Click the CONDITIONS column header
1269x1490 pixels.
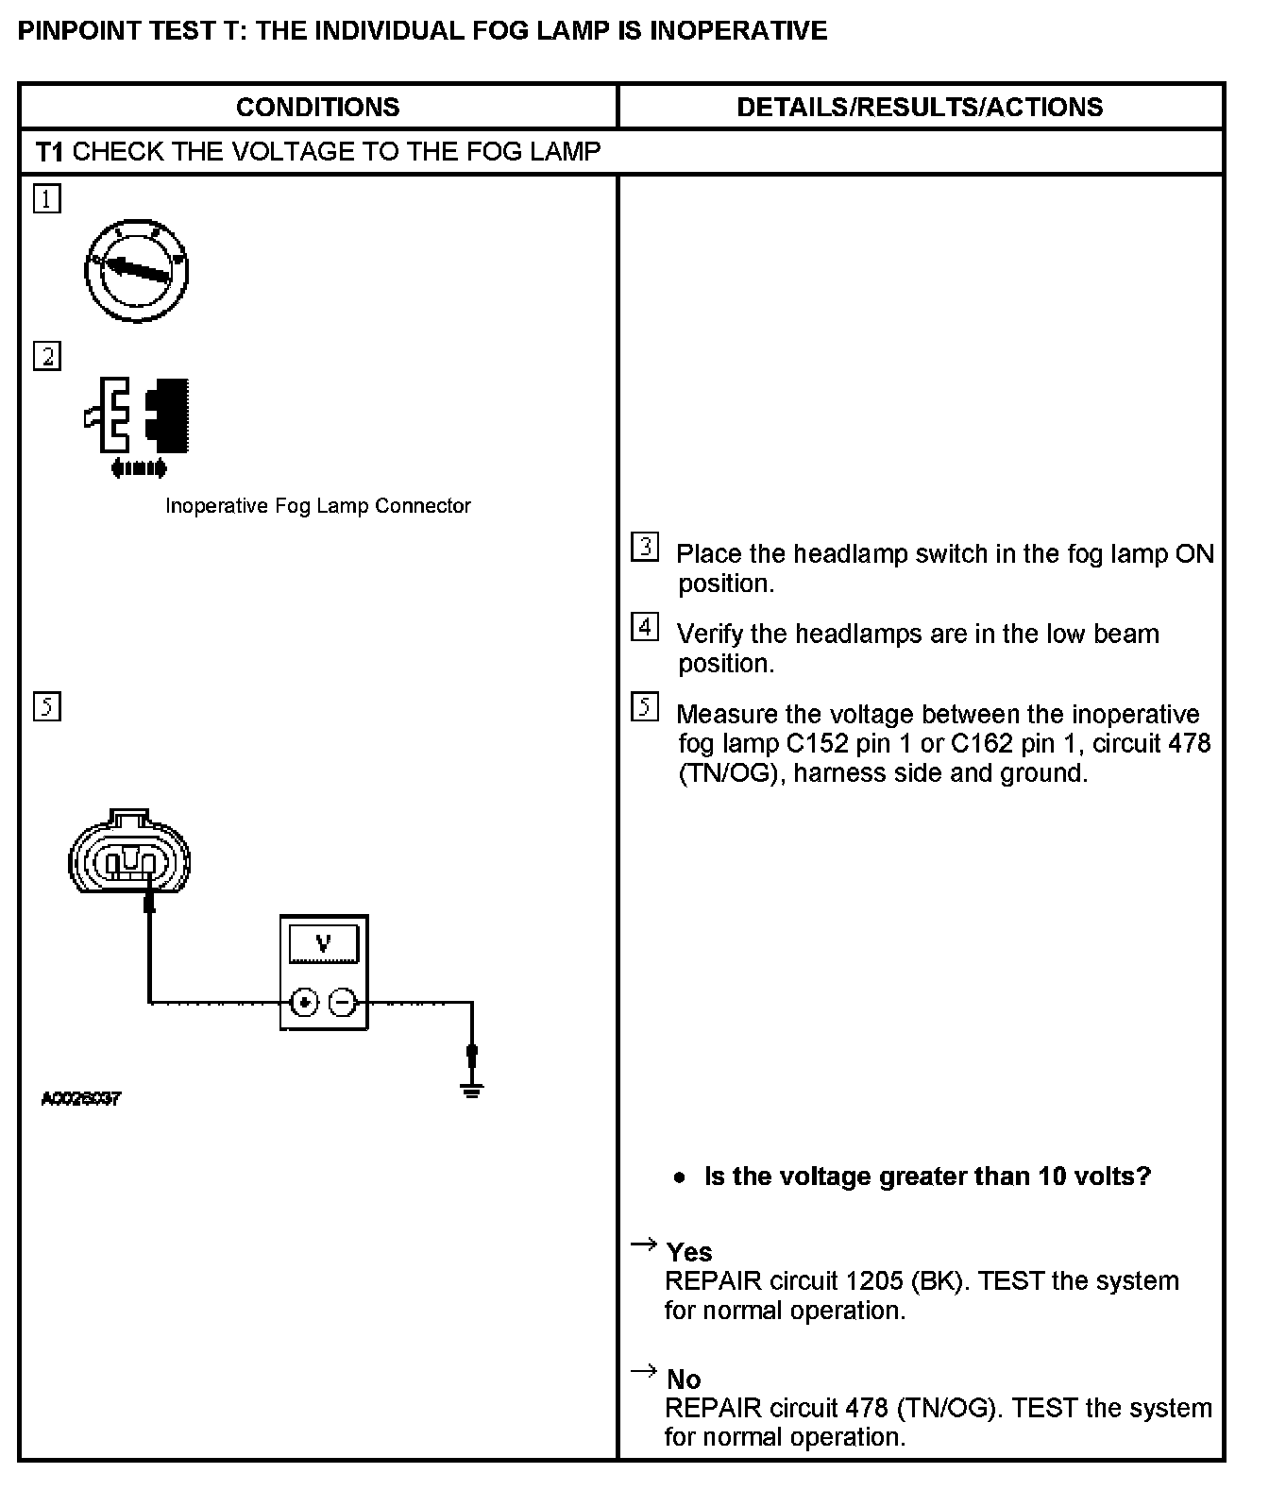point(317,107)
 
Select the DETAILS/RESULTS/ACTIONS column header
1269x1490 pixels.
point(919,107)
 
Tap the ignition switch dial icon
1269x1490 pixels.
point(137,270)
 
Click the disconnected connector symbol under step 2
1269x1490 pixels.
point(139,424)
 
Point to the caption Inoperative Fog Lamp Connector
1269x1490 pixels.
point(317,506)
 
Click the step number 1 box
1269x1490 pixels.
point(47,199)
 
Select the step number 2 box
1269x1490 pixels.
point(47,357)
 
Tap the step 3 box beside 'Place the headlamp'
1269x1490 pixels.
point(645,547)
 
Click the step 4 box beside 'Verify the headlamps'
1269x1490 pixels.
point(645,627)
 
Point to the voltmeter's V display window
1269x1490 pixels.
point(324,943)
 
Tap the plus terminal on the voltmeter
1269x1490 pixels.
point(304,1002)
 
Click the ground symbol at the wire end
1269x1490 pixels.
point(472,1090)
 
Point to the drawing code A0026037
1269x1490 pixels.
point(80,1099)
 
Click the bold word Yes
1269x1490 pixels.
point(689,1252)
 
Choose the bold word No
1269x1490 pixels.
point(684,1380)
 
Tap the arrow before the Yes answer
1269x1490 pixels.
point(643,1245)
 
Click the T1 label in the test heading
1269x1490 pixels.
point(49,152)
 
